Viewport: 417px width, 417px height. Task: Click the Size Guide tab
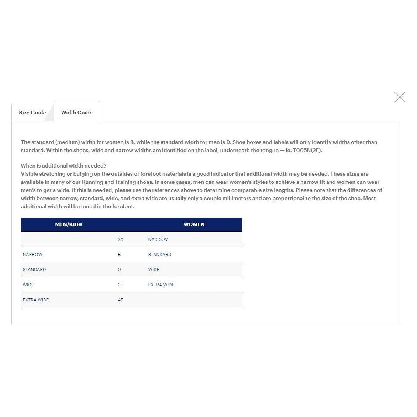coord(32,113)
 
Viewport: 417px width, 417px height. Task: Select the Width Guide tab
coord(77,113)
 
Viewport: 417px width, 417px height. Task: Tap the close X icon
coord(400,97)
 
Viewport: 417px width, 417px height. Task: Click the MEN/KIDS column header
coord(68,224)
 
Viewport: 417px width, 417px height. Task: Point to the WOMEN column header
coord(194,224)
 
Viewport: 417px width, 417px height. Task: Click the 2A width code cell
coord(121,239)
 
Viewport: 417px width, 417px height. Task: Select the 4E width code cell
coord(121,300)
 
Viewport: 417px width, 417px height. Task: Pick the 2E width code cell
coord(121,285)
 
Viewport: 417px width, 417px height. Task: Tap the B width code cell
coord(119,255)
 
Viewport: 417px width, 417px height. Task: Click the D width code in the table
coord(119,270)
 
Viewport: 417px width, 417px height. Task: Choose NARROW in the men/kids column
coord(32,255)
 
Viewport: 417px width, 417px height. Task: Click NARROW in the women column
coord(158,239)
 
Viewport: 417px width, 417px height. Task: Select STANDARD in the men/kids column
coord(34,270)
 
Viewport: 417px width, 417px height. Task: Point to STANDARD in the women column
coord(160,255)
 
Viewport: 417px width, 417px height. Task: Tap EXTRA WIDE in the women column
coord(161,285)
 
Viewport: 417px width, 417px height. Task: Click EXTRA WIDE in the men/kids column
coord(36,300)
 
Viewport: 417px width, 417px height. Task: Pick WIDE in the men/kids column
coord(28,285)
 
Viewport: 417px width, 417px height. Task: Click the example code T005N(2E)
coord(307,150)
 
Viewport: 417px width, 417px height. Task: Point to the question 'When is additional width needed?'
coord(63,166)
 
